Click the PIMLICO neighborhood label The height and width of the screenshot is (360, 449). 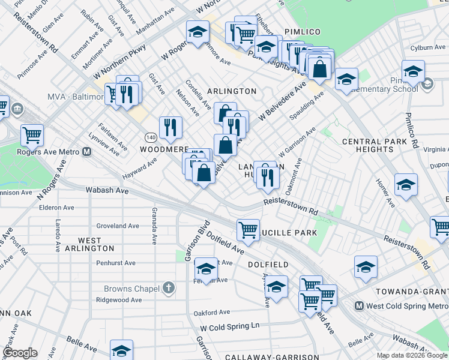(x=303, y=31)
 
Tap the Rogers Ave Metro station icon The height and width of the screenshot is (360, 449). (x=87, y=152)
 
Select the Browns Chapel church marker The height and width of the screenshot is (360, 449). (x=169, y=289)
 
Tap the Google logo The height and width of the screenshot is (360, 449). (x=20, y=353)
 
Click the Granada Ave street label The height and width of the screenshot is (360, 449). (x=154, y=226)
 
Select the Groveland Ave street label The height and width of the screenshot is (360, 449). (x=118, y=226)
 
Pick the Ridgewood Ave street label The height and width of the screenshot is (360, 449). (x=121, y=300)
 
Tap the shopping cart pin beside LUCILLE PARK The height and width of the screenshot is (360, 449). (x=248, y=229)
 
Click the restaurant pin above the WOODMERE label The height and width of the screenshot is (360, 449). (x=170, y=127)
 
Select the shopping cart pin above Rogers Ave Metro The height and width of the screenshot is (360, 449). (x=32, y=135)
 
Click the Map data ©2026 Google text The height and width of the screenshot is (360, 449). (x=412, y=355)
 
